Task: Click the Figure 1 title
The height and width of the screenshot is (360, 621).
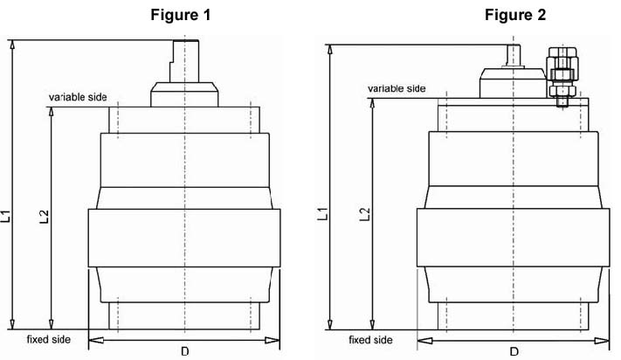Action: click(181, 15)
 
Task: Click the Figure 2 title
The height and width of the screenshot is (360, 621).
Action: click(515, 15)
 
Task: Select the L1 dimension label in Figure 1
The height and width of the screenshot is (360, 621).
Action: click(6, 216)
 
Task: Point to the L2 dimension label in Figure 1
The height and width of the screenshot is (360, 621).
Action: click(45, 216)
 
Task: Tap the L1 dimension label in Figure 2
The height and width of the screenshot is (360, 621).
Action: click(323, 213)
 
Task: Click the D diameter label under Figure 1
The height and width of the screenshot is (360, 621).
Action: click(185, 351)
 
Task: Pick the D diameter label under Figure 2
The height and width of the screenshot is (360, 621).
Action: click(514, 351)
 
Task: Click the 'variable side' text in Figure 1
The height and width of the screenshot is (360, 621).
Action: click(78, 97)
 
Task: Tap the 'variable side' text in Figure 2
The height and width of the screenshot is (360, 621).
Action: click(397, 88)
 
